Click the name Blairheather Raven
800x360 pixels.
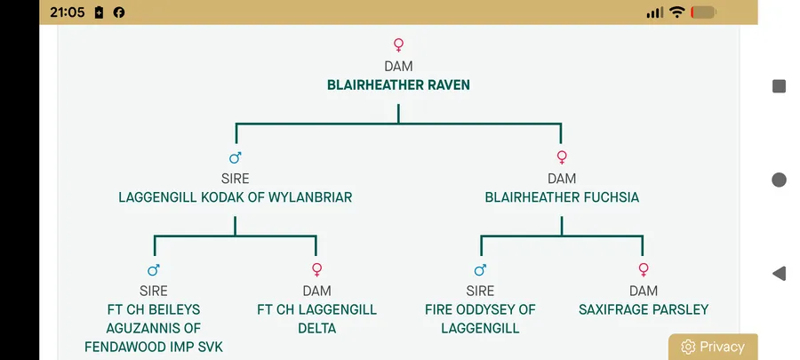(398, 85)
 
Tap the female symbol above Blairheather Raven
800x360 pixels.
(398, 44)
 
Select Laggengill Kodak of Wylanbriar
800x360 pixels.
(235, 197)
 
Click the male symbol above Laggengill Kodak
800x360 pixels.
(236, 158)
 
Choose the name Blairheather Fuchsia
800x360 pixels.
(562, 197)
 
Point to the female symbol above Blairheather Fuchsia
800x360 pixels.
(562, 158)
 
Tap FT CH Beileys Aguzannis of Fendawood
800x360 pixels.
(154, 328)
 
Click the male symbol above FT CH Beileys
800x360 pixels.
(154, 270)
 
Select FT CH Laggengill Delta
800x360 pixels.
(316, 319)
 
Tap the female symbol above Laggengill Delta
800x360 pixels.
(316, 270)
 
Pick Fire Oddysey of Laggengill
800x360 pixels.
(480, 319)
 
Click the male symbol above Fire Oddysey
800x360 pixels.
(481, 270)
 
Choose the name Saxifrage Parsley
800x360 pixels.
(644, 310)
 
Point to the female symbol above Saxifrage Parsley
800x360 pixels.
(644, 270)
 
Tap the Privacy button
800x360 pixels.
(713, 347)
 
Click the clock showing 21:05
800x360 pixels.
(68, 12)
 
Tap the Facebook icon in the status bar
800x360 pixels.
(119, 12)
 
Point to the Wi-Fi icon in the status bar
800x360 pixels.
(676, 12)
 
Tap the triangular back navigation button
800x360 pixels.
(779, 273)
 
